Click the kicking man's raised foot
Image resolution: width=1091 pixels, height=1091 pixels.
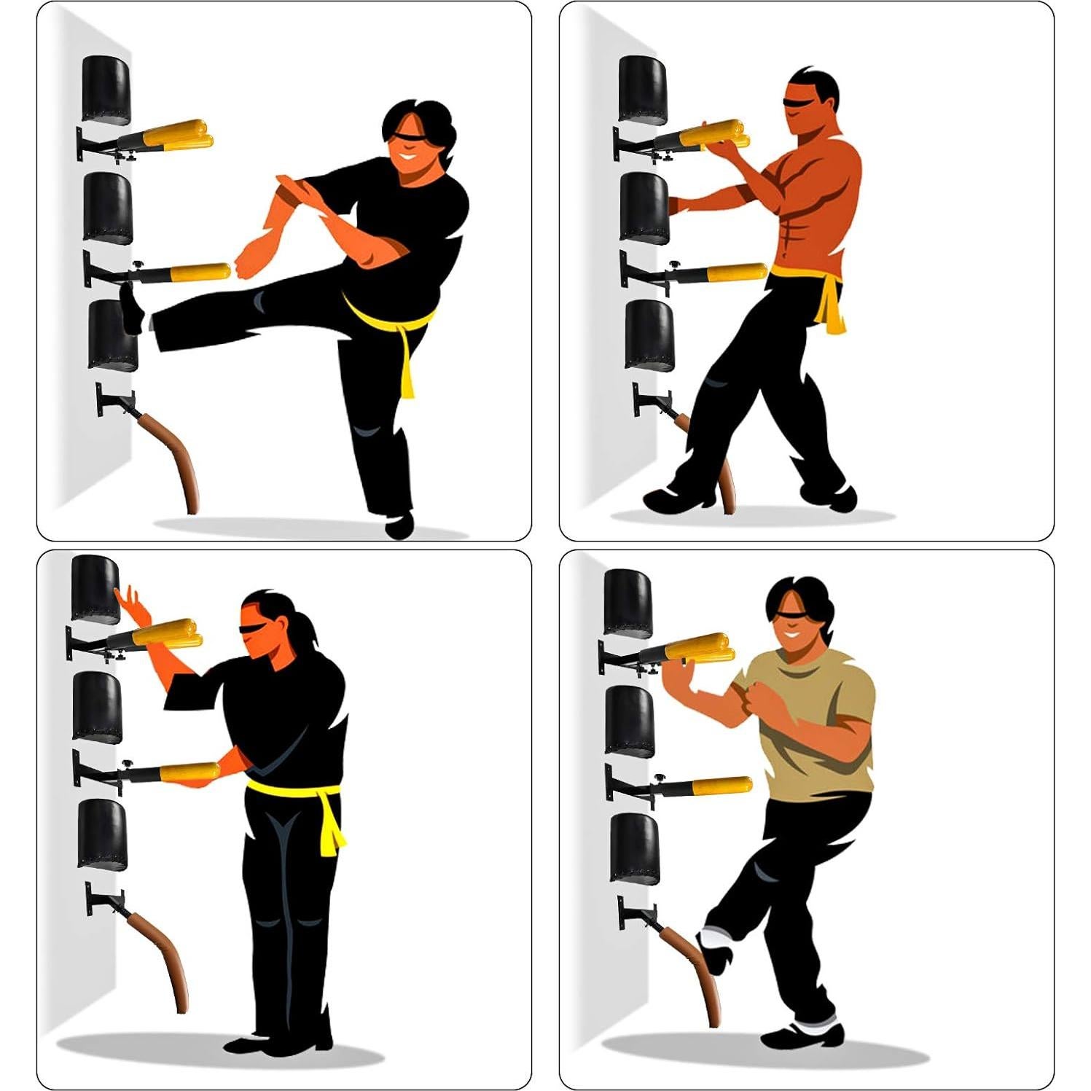[x=132, y=308]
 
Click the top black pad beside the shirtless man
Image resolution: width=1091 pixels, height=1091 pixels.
[x=642, y=89]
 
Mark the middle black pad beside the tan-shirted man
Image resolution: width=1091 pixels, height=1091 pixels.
[x=630, y=722]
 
